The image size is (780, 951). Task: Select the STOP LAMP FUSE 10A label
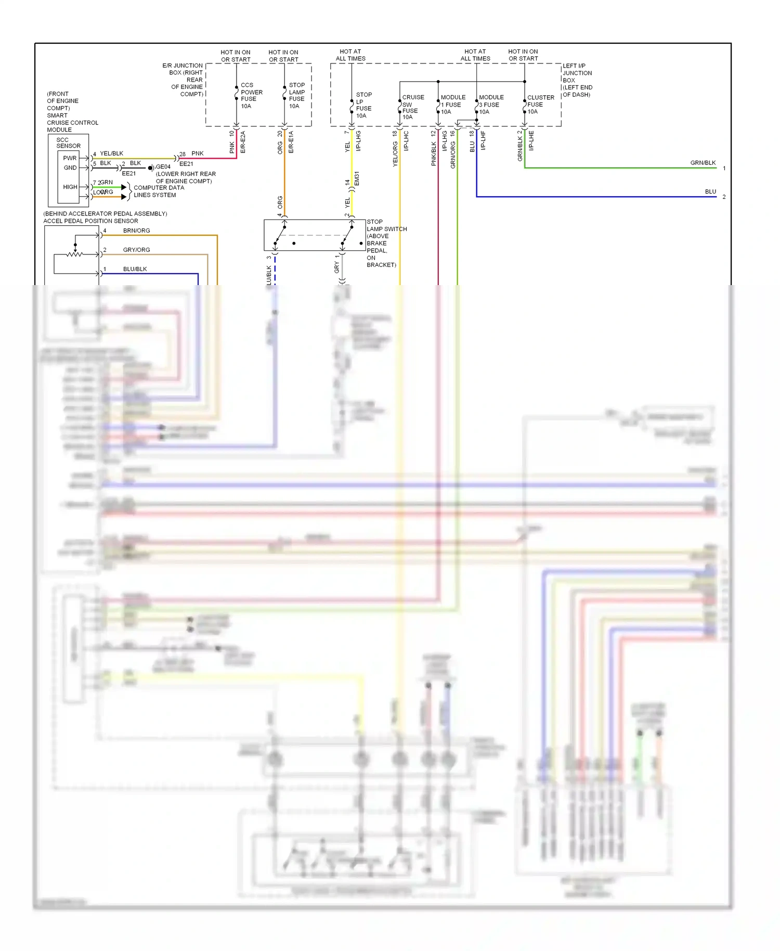(297, 96)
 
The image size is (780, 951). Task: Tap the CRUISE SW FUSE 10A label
(412, 107)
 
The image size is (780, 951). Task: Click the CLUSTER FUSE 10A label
(540, 105)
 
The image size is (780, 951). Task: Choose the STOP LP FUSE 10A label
(363, 105)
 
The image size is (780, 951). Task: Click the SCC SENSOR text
(68, 143)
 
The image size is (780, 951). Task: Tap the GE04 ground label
(163, 167)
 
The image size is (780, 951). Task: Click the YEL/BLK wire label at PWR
(111, 154)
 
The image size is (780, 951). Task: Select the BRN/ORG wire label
(136, 231)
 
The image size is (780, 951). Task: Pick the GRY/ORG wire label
(136, 250)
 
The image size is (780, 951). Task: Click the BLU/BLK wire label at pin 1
(135, 269)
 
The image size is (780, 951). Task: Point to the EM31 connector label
(357, 178)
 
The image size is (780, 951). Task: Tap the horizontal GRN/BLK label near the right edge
(703, 163)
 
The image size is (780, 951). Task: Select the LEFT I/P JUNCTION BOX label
(577, 80)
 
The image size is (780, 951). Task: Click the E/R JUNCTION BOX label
(183, 80)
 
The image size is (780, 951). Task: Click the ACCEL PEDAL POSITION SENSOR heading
(90, 221)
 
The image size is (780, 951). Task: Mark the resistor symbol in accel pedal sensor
(75, 254)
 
